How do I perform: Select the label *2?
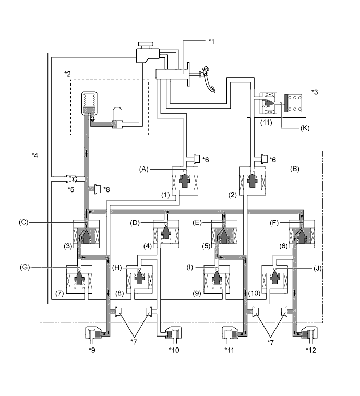(67, 74)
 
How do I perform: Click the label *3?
(314, 92)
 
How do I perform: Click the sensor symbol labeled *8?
(98, 188)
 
